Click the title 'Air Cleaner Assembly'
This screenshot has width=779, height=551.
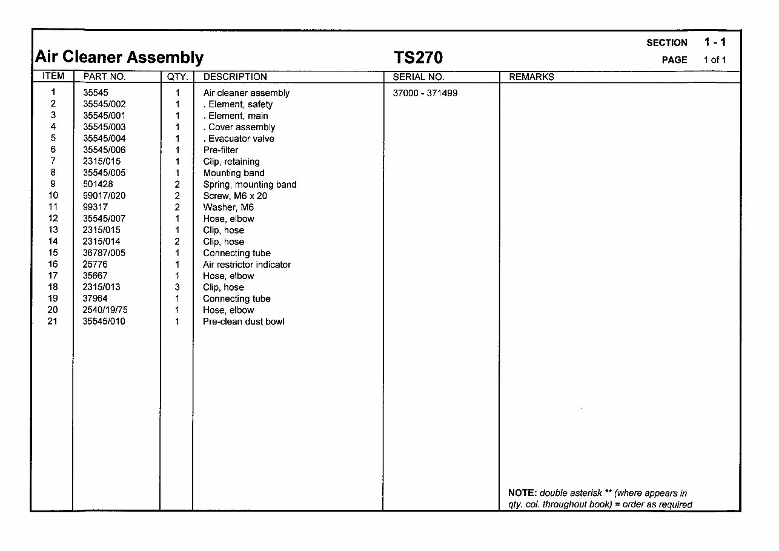119,58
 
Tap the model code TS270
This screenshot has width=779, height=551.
419,58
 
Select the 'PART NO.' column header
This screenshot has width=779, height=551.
104,77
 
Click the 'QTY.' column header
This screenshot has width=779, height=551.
176,77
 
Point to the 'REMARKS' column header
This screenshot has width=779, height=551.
531,77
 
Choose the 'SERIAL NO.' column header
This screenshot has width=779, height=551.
419,77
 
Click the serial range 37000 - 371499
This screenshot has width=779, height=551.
425,93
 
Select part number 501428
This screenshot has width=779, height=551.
98,184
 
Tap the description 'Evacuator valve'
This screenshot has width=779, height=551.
240,139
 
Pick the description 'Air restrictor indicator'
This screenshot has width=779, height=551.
247,265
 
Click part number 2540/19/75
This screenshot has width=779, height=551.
105,310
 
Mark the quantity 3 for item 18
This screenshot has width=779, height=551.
177,287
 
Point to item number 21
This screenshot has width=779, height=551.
53,322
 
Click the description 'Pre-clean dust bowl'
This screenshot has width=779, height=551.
244,322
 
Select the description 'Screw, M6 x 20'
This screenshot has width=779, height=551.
235,196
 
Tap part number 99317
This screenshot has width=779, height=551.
95,207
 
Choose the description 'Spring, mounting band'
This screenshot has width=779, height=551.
250,185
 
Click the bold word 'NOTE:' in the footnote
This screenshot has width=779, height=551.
522,493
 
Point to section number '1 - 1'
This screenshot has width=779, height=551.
715,42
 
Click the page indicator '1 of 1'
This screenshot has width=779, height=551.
715,59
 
